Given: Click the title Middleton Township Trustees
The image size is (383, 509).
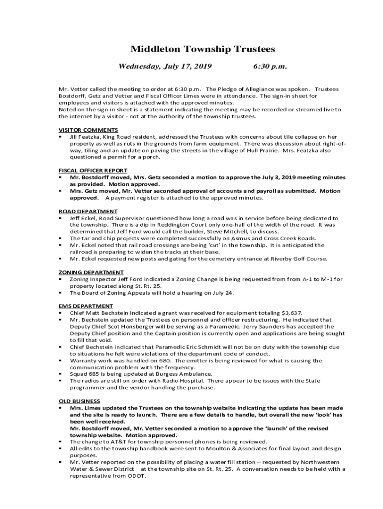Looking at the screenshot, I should (x=202, y=49).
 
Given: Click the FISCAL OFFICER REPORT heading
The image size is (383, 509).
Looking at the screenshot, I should (x=93, y=170).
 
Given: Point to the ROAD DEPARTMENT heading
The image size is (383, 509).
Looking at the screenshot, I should (x=88, y=212).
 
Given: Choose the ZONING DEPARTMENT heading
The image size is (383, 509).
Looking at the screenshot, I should (x=91, y=272).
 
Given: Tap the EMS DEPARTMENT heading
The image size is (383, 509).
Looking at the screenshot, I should (x=86, y=306).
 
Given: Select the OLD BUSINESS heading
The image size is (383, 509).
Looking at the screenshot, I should (x=79, y=401).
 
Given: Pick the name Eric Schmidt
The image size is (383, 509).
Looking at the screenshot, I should (x=200, y=347).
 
